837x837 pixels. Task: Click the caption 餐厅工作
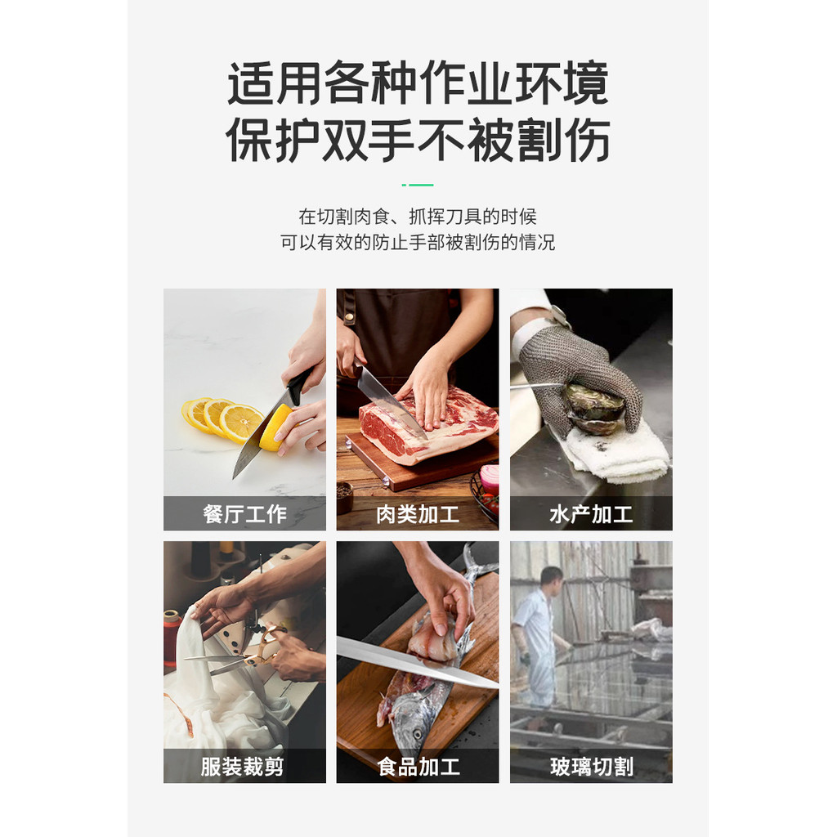coord(244,514)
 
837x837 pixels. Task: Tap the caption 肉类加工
coord(418,515)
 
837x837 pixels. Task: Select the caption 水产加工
coord(591,515)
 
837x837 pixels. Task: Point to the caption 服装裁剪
coord(242,767)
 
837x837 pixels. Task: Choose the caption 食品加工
coord(418,767)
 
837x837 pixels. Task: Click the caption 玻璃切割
coord(592,767)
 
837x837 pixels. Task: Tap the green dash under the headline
coord(418,185)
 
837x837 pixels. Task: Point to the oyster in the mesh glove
coord(593,409)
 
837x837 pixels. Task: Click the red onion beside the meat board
coord(489,477)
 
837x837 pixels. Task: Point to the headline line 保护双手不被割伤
coord(418,141)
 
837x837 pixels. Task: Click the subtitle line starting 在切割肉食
coord(418,217)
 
